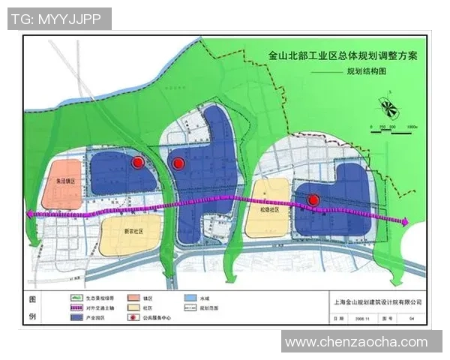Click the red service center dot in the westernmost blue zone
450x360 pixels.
[x=138, y=163]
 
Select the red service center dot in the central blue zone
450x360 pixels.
[x=178, y=163]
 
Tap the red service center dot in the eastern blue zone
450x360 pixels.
[x=314, y=199]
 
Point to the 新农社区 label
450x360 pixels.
[x=132, y=230]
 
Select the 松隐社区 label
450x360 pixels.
[x=269, y=211]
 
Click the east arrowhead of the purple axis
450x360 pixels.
[x=405, y=221]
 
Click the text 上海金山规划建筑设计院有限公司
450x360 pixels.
[x=376, y=302]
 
